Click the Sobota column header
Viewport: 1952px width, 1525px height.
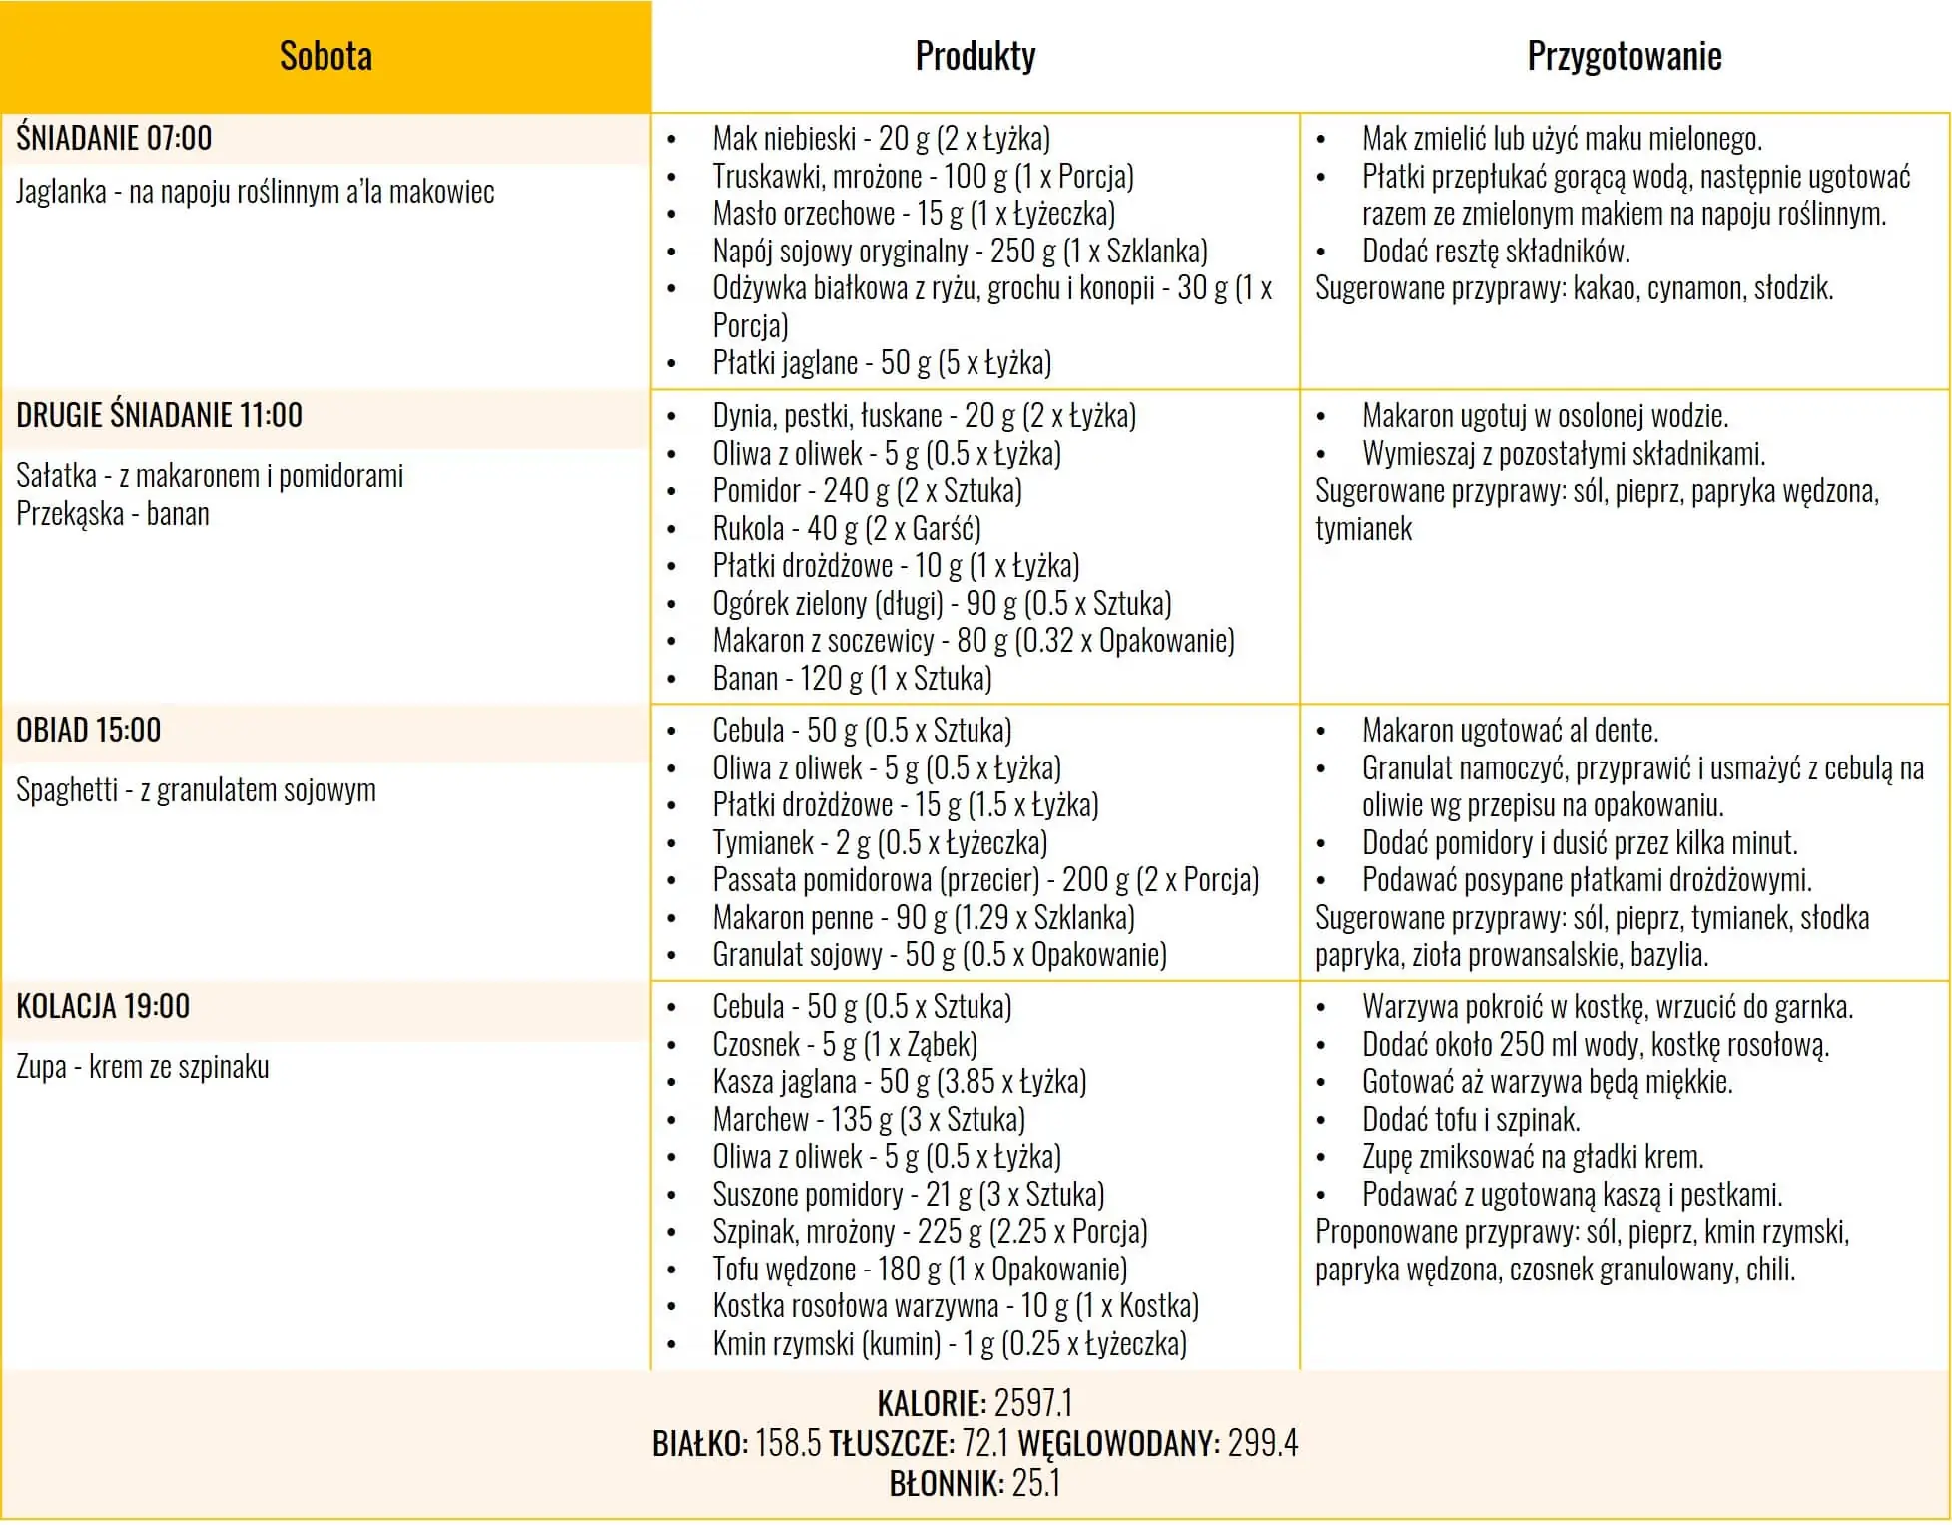325,56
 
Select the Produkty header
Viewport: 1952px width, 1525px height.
975,56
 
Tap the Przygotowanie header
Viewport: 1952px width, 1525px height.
1624,56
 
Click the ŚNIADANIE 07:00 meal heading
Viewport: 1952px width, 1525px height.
114,138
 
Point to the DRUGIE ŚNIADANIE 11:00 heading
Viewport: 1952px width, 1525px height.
159,415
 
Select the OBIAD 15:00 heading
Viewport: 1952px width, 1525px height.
88,730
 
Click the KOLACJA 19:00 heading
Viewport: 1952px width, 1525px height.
103,1006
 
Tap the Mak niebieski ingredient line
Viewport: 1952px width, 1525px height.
881,138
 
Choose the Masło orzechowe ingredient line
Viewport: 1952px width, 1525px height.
913,213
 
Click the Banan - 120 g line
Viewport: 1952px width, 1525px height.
852,679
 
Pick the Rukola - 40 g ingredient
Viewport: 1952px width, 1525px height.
846,528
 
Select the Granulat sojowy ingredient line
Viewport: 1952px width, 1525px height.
939,955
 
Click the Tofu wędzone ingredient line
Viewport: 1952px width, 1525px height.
919,1270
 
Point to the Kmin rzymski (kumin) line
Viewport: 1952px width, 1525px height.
949,1344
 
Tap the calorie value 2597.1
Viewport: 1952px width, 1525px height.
1033,1403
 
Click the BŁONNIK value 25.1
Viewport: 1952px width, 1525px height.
1036,1484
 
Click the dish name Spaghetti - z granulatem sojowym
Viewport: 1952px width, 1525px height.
196,790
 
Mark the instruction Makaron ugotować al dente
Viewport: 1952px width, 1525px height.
1510,731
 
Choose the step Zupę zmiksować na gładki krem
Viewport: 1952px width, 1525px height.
1532,1157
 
